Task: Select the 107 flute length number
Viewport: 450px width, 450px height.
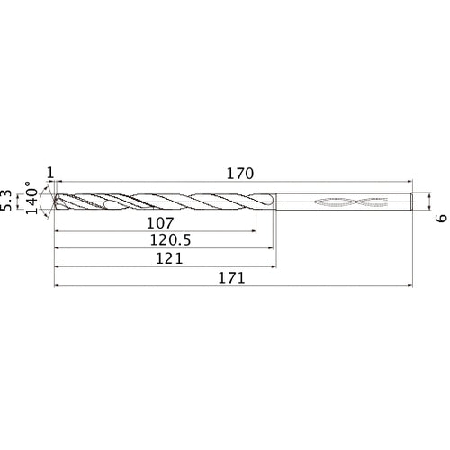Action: (159, 222)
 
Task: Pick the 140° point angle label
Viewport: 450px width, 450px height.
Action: (34, 199)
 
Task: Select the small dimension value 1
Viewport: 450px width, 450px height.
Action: (50, 172)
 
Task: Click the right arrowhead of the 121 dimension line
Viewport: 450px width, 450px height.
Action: (273, 267)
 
